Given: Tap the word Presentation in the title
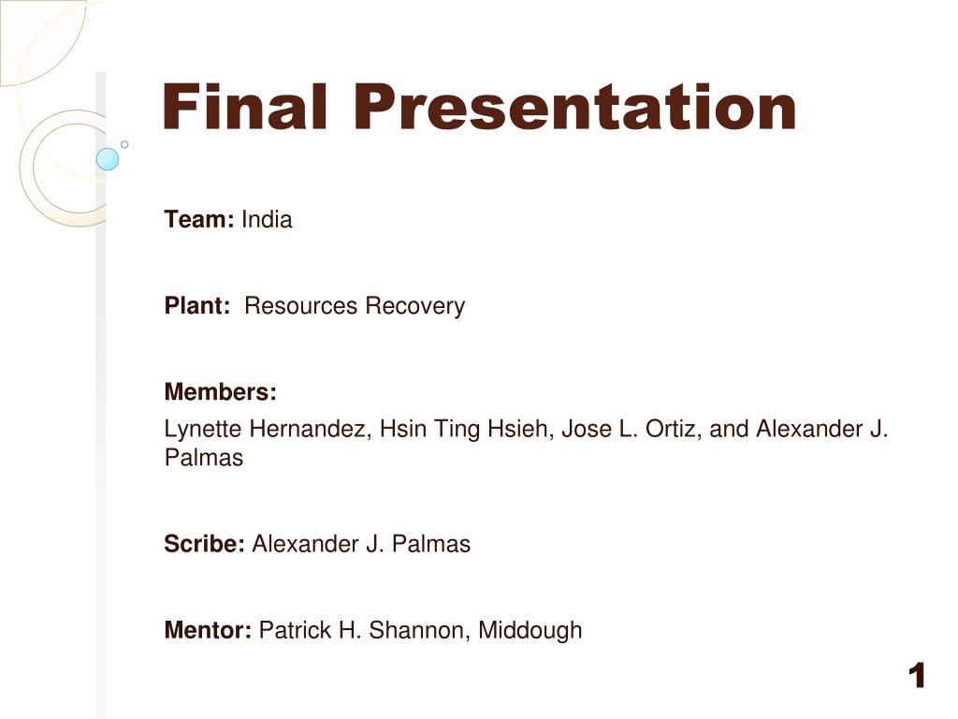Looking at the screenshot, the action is (x=575, y=107).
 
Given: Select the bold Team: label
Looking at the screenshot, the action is (x=199, y=219).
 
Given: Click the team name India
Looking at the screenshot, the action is (x=267, y=219).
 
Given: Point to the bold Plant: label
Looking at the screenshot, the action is (x=197, y=305).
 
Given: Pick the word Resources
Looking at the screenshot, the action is (x=300, y=305).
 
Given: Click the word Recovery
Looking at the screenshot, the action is (x=415, y=306).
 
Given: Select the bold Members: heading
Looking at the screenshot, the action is (x=221, y=391).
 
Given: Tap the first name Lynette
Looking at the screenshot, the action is (x=203, y=429).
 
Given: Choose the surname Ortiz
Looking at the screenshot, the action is (x=674, y=429).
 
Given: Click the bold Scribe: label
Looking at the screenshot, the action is (x=205, y=544).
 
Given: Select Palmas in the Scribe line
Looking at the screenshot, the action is (x=431, y=544).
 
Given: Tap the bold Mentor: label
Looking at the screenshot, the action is (x=208, y=630).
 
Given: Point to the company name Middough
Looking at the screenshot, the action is (x=530, y=630).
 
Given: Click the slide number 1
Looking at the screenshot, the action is (x=917, y=676).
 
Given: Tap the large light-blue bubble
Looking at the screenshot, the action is (x=108, y=159).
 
